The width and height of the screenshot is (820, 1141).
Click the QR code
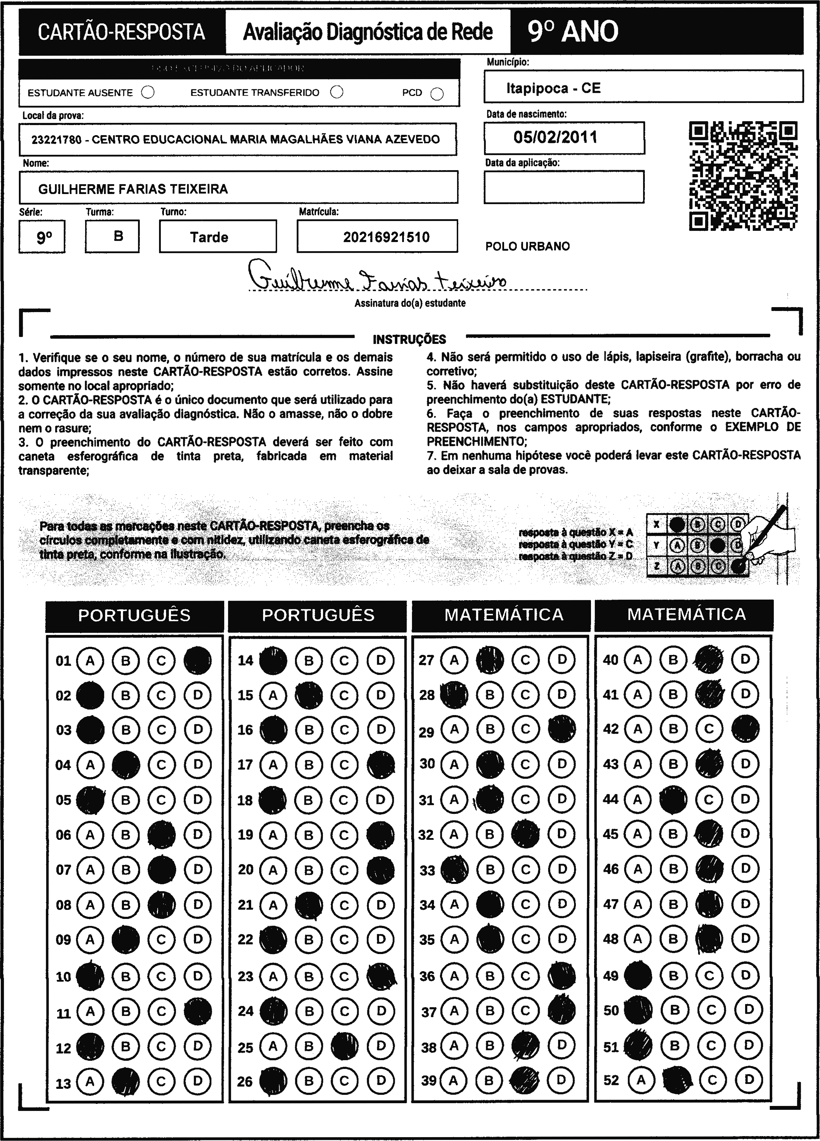pyautogui.click(x=743, y=176)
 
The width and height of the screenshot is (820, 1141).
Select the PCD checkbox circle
pyautogui.click(x=437, y=94)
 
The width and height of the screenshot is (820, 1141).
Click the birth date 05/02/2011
pyautogui.click(x=556, y=137)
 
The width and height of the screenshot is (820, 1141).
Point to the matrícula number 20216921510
pyautogui.click(x=386, y=237)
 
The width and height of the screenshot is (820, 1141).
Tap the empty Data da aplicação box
pyautogui.click(x=564, y=187)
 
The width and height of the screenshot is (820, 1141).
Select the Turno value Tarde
pyautogui.click(x=209, y=237)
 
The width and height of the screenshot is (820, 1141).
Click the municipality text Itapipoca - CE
pyautogui.click(x=553, y=89)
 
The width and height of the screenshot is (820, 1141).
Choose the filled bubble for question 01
pyautogui.click(x=198, y=660)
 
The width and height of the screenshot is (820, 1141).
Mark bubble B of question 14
pyautogui.click(x=309, y=660)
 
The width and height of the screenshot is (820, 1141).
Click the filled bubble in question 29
pyautogui.click(x=562, y=729)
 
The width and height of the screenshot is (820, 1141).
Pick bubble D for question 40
pyautogui.click(x=745, y=659)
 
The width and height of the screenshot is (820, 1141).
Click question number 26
pyautogui.click(x=245, y=1081)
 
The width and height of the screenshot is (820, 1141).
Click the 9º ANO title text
pyautogui.click(x=573, y=32)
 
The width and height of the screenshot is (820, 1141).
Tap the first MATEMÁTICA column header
pyautogui.click(x=504, y=615)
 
